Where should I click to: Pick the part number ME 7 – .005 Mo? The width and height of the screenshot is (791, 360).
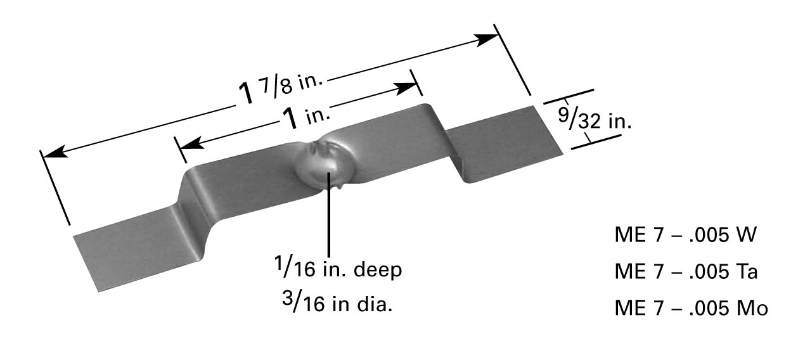click(691, 309)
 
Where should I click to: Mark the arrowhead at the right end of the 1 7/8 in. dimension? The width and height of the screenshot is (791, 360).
click(488, 38)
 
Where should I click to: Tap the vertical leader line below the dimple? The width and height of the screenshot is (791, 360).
click(329, 215)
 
